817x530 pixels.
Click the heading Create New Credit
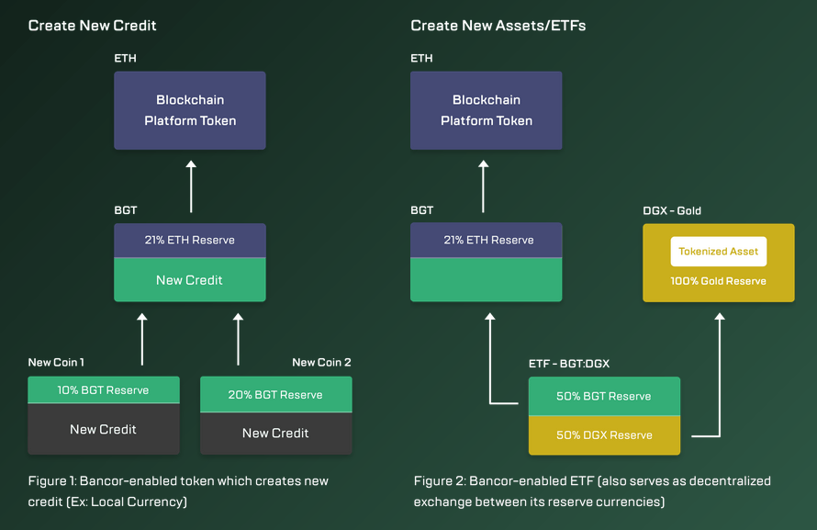coord(92,26)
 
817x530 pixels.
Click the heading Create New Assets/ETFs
coord(498,26)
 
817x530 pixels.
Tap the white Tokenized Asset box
coord(719,251)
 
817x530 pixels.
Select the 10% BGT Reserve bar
coord(104,389)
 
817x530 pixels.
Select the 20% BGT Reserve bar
coord(276,394)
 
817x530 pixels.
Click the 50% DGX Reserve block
coord(604,435)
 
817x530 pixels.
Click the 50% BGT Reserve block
coord(604,396)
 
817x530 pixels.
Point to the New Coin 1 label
coord(56,362)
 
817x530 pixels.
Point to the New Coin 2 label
coord(321,362)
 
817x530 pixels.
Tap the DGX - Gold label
coord(672,210)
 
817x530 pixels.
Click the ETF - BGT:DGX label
coord(569,363)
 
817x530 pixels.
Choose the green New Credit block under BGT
coord(190,280)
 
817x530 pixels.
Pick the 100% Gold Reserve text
coord(718,281)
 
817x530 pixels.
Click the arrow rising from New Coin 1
coord(141,339)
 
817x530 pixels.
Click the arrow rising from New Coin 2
coord(238,339)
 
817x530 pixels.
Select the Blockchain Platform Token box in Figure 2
coord(487,110)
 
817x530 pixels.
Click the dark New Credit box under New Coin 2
coord(276,433)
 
